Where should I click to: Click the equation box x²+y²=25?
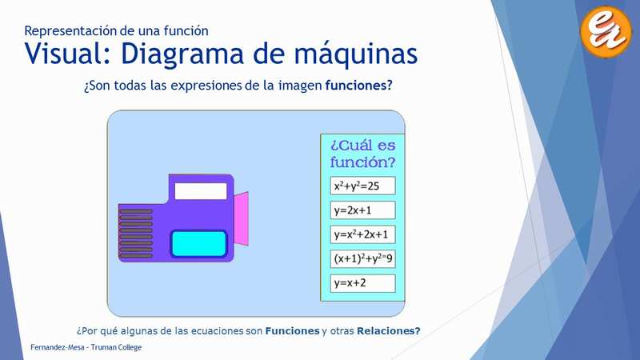[x=362, y=186]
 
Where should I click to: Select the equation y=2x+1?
[x=362, y=210]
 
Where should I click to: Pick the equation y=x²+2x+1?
[x=362, y=234]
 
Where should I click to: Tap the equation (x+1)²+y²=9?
[x=362, y=258]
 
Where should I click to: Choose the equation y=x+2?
[x=362, y=283]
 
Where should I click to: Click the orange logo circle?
[x=606, y=31]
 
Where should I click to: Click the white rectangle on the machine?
[x=201, y=191]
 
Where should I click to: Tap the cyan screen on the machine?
[x=198, y=244]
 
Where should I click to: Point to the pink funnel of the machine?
[x=241, y=218]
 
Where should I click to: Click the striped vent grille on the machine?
[x=135, y=234]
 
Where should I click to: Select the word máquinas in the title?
[x=356, y=54]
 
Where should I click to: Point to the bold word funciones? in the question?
[x=358, y=86]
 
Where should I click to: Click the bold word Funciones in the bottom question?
[x=292, y=330]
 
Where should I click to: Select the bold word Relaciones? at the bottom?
[x=389, y=330]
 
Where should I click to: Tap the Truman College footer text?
[x=116, y=347]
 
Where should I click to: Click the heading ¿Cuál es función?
[x=363, y=154]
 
